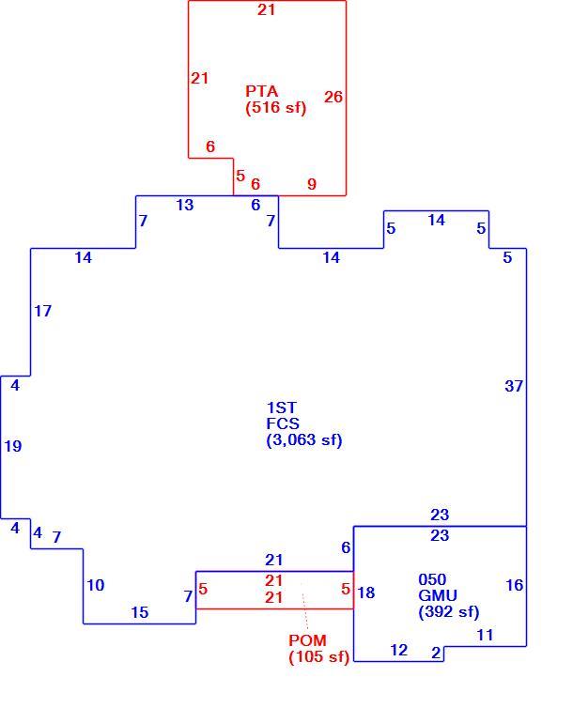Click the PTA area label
tap(261, 91)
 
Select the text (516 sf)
tap(276, 107)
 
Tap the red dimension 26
tap(333, 97)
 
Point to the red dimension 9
tap(312, 184)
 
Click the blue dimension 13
tap(185, 205)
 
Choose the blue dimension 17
tap(43, 311)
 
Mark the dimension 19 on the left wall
tap(13, 446)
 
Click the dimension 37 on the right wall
tap(514, 386)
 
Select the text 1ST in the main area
tap(281, 408)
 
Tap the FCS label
tap(283, 423)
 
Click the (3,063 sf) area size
tap(304, 439)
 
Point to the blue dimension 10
tap(95, 585)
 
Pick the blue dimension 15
tap(140, 612)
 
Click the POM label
tap(307, 640)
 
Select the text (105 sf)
tap(318, 656)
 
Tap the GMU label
tap(438, 595)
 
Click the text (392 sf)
tap(449, 611)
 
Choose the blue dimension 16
tap(515, 585)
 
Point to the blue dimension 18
tap(365, 593)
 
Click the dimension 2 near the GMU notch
tap(436, 653)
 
